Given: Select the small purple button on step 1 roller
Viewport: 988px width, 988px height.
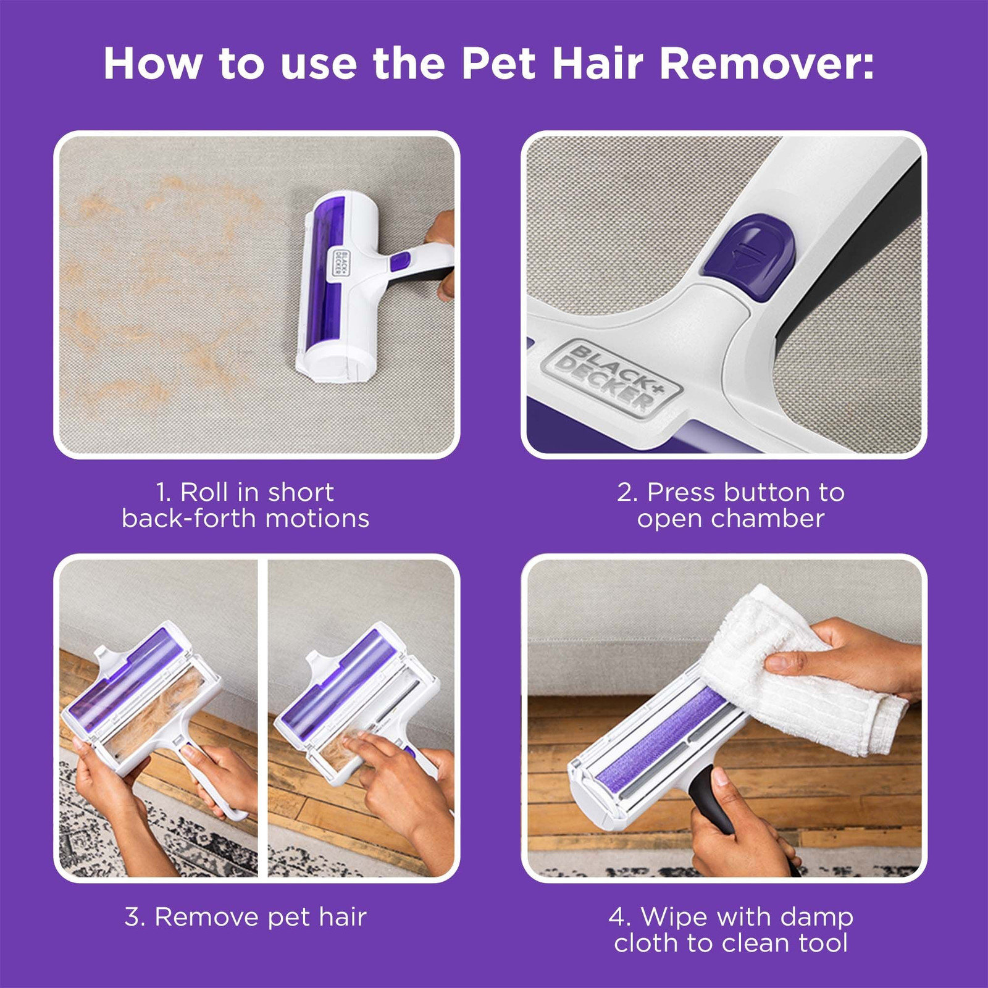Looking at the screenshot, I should click(x=400, y=262).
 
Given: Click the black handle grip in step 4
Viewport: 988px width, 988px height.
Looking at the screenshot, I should click(x=710, y=797).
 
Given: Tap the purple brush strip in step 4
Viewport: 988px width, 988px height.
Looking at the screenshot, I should click(x=661, y=735).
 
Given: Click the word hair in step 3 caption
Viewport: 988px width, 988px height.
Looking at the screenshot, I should click(x=343, y=917).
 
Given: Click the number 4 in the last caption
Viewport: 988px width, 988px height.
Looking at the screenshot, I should click(x=617, y=917).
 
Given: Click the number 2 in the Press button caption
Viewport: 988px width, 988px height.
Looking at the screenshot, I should click(x=625, y=493).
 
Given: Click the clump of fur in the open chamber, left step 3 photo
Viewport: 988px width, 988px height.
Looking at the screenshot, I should click(x=164, y=710).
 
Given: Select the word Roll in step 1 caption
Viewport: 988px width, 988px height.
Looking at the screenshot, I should click(x=204, y=493).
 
